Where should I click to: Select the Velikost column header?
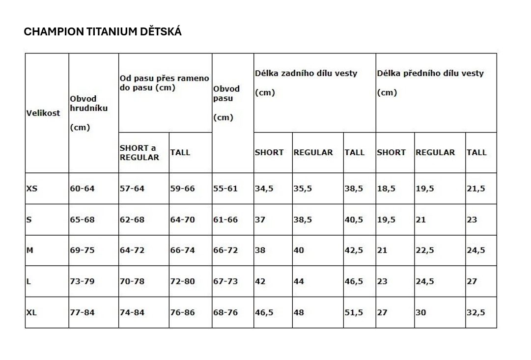pos(43,112)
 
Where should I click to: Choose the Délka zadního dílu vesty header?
pos(306,73)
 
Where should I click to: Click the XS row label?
pos(31,189)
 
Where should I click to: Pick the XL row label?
pos(31,312)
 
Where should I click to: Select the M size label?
pos(30,250)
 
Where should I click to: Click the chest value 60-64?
pos(82,189)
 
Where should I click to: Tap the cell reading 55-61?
pos(225,189)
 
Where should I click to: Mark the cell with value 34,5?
pos(264,189)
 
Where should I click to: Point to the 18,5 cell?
pos(386,189)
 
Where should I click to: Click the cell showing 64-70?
pos(182,220)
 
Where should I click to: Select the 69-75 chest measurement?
pos(82,250)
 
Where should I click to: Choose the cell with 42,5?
pos(354,250)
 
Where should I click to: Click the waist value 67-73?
pos(225,281)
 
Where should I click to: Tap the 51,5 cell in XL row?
pos(354,312)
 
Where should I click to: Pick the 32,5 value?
pos(476,312)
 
